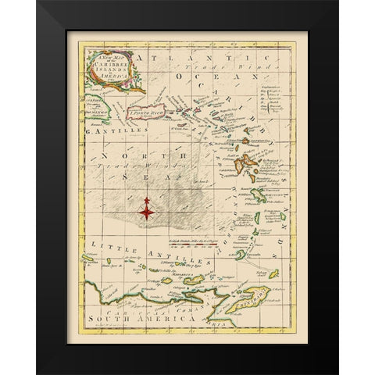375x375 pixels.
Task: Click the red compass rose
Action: pyautogui.click(x=146, y=207)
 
